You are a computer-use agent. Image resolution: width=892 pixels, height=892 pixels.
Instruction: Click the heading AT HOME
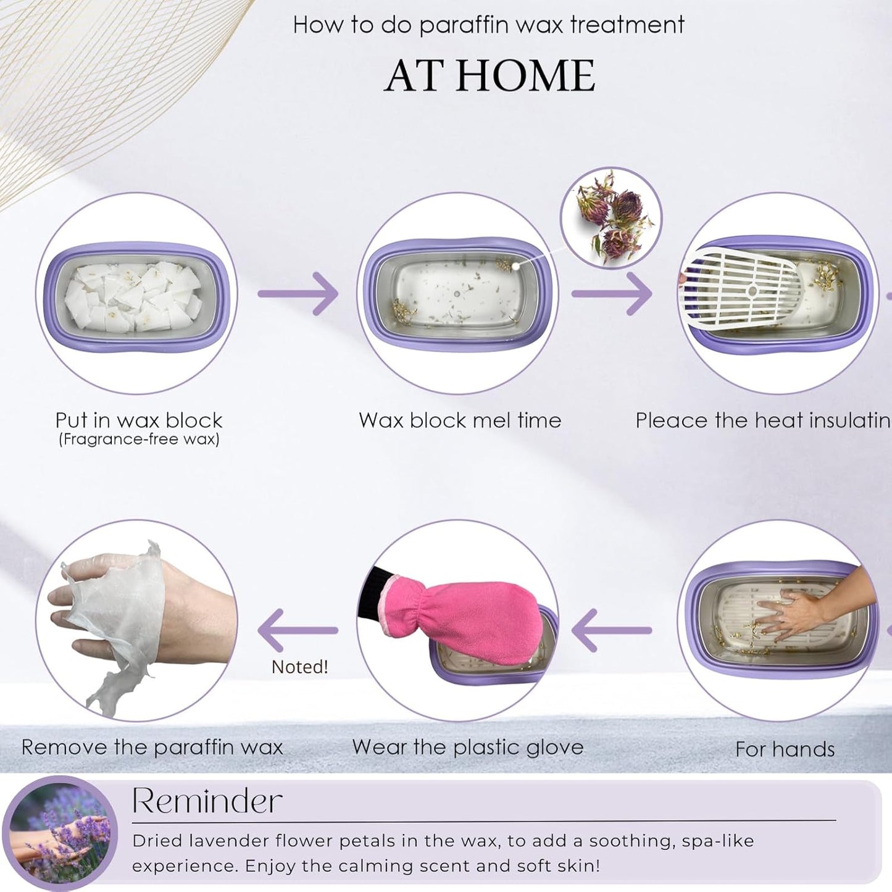(490, 76)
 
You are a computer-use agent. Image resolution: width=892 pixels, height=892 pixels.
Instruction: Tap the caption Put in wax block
(139, 420)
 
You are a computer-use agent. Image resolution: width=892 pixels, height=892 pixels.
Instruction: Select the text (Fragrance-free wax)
(139, 440)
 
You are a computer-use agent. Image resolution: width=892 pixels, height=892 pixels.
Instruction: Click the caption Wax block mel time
(460, 420)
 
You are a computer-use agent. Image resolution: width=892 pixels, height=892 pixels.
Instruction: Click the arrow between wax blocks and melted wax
(298, 294)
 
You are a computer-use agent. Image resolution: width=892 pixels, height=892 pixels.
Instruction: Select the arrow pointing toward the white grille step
(612, 294)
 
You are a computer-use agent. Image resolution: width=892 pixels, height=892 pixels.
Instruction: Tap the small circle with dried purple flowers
(611, 219)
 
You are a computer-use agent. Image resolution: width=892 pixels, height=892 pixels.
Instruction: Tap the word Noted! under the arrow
(300, 667)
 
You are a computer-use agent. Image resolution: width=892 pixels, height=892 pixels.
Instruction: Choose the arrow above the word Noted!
(298, 630)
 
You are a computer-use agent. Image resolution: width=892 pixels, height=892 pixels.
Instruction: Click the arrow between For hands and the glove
(612, 630)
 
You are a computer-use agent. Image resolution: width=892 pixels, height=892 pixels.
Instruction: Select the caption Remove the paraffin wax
(152, 748)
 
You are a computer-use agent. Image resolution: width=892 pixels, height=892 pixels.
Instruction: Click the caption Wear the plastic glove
(468, 748)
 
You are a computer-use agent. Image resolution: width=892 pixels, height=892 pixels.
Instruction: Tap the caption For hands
(785, 749)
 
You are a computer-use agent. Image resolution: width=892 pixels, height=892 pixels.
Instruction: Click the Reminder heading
(207, 801)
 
